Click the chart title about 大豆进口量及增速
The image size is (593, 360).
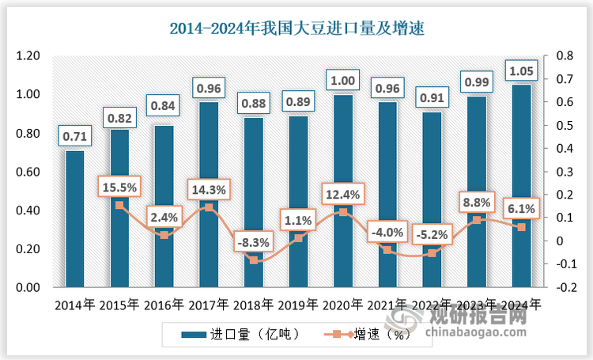pyautogui.click(x=297, y=30)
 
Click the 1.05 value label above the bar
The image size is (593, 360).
pyautogui.click(x=522, y=70)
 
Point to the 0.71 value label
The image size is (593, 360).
pyautogui.click(x=75, y=136)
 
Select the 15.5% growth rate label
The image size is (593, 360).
pyautogui.click(x=119, y=188)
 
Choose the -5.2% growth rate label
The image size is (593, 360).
pyautogui.click(x=431, y=234)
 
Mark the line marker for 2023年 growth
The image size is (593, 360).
pyautogui.click(x=477, y=220)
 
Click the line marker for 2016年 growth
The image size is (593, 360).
pyautogui.click(x=164, y=235)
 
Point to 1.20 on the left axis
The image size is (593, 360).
pyautogui.click(x=28, y=56)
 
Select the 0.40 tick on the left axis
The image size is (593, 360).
pyautogui.click(x=28, y=211)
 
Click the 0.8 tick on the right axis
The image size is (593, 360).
pyautogui.click(x=565, y=56)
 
